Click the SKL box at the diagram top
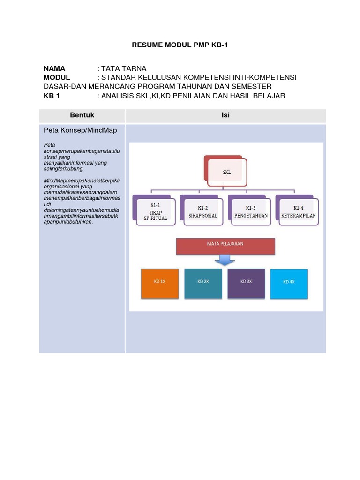click(x=226, y=172)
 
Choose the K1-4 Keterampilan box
click(x=299, y=212)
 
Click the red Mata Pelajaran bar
click(x=225, y=246)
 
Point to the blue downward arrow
click(x=225, y=260)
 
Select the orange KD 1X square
click(x=160, y=283)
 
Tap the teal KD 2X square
click(x=203, y=283)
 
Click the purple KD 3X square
click(x=246, y=283)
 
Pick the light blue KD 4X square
click(x=289, y=284)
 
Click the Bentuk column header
click(x=82, y=115)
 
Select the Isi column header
click(x=225, y=115)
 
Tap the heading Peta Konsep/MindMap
click(x=80, y=130)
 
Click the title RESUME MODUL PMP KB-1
click(x=180, y=45)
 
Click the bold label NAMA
click(x=54, y=68)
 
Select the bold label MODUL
click(x=57, y=77)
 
